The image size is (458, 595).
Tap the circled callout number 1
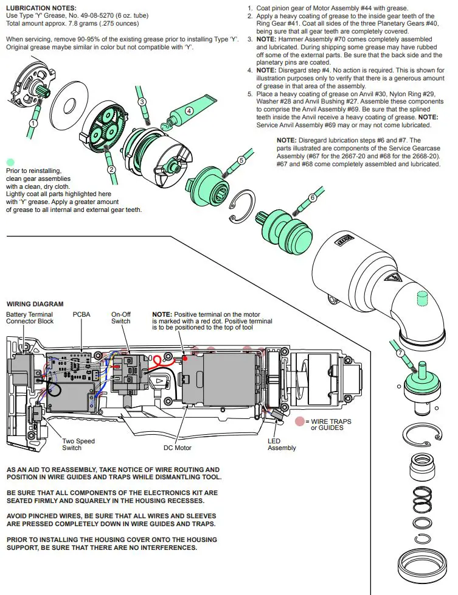(33, 122)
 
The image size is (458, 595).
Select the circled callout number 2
(111, 170)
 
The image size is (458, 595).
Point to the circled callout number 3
(142, 102)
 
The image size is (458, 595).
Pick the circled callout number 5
(241, 160)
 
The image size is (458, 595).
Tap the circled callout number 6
(313, 197)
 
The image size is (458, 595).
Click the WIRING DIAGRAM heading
(35, 304)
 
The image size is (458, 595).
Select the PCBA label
(82, 314)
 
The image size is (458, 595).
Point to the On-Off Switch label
(120, 318)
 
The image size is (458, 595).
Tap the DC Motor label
(177, 448)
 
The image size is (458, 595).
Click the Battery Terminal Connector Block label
(29, 318)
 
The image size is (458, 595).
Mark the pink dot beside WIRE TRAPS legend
(299, 421)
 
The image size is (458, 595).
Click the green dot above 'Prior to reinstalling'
(10, 163)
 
